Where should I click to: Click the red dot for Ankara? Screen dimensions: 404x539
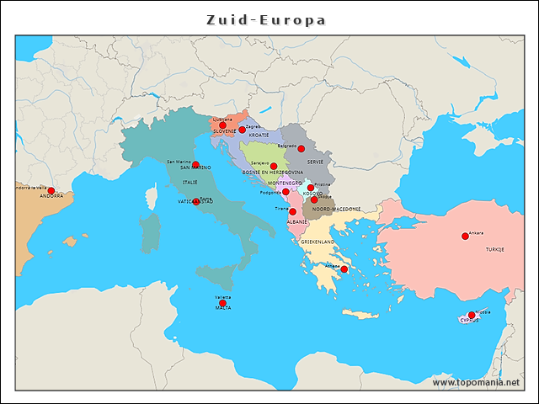[x=465, y=237]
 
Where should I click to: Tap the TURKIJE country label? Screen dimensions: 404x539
[x=494, y=249]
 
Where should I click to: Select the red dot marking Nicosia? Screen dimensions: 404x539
[x=472, y=316]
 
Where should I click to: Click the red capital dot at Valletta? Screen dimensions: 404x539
[x=222, y=303]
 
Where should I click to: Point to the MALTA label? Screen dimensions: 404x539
[x=223, y=309]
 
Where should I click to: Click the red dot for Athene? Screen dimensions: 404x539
[x=344, y=270]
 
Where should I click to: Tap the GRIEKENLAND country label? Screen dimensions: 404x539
[x=318, y=242]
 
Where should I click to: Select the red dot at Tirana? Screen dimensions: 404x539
[x=292, y=212]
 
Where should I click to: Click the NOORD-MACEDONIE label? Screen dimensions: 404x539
[x=336, y=209]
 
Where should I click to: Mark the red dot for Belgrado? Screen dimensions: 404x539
[x=301, y=149]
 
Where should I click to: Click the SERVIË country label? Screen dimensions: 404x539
[x=315, y=162]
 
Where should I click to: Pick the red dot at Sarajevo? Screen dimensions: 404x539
[x=274, y=167]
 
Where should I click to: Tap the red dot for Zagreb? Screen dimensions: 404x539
[x=242, y=130]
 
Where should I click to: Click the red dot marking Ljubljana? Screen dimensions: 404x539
[x=222, y=125]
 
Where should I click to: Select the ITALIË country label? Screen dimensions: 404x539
[x=190, y=182]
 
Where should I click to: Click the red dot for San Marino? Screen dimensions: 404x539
[x=195, y=164]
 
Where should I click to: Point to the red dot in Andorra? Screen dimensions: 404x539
[x=51, y=191]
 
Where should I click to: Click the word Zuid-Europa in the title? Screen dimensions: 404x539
[x=266, y=19]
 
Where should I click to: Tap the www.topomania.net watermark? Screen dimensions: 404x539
[x=476, y=382]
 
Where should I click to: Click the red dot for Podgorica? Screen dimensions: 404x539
[x=286, y=192]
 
